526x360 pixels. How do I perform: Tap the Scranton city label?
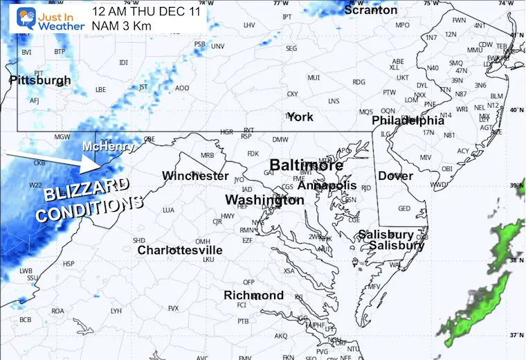[371, 10]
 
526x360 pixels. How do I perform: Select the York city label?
[300, 116]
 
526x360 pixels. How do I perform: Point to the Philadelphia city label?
[408, 120]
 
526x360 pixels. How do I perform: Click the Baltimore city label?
[306, 165]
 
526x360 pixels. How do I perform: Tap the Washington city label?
[264, 200]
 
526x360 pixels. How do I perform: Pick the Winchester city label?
[195, 176]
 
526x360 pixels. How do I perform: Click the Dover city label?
[395, 176]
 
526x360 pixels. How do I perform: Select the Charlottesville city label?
[179, 250]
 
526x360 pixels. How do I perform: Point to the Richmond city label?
[253, 296]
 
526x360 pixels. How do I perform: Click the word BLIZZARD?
[86, 190]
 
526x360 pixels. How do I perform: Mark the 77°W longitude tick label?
[280, 3]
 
